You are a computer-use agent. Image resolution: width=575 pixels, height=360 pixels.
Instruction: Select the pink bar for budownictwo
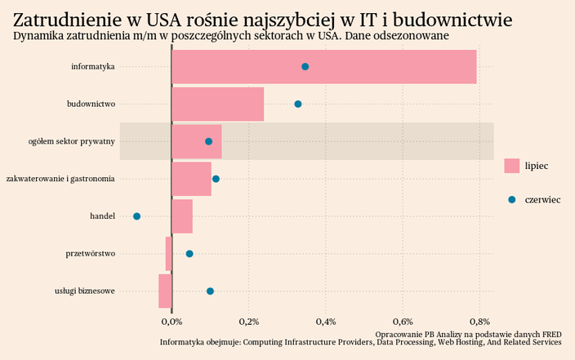pyautogui.click(x=217, y=104)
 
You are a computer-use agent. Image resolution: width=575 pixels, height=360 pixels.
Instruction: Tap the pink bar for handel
pyautogui.click(x=182, y=216)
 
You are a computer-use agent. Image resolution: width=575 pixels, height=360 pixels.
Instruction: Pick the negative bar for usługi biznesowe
pyautogui.click(x=165, y=291)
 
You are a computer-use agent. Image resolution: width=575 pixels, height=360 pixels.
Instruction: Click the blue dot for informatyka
pyautogui.click(x=305, y=67)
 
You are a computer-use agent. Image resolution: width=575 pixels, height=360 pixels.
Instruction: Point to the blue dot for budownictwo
pyautogui.click(x=298, y=104)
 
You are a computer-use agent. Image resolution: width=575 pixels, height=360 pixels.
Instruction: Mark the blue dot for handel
pyautogui.click(x=137, y=216)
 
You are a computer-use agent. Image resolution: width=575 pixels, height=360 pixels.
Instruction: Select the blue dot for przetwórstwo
pyautogui.click(x=189, y=254)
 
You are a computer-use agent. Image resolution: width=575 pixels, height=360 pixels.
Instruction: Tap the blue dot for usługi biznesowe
pyautogui.click(x=210, y=291)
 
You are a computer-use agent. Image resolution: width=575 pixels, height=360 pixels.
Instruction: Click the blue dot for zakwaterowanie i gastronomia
pyautogui.click(x=216, y=179)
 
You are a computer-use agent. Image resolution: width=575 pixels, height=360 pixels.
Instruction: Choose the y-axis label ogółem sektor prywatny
pyautogui.click(x=71, y=142)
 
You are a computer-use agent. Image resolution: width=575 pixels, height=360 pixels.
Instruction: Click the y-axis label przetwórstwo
pyautogui.click(x=90, y=254)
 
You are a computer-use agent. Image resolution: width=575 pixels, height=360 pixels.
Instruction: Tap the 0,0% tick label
pyautogui.click(x=171, y=321)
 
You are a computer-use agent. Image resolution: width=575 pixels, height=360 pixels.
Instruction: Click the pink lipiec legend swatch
pyautogui.click(x=512, y=166)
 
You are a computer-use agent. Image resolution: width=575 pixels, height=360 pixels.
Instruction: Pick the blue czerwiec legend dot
pyautogui.click(x=512, y=200)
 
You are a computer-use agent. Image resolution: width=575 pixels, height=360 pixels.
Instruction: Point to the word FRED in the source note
pyautogui.click(x=551, y=334)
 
